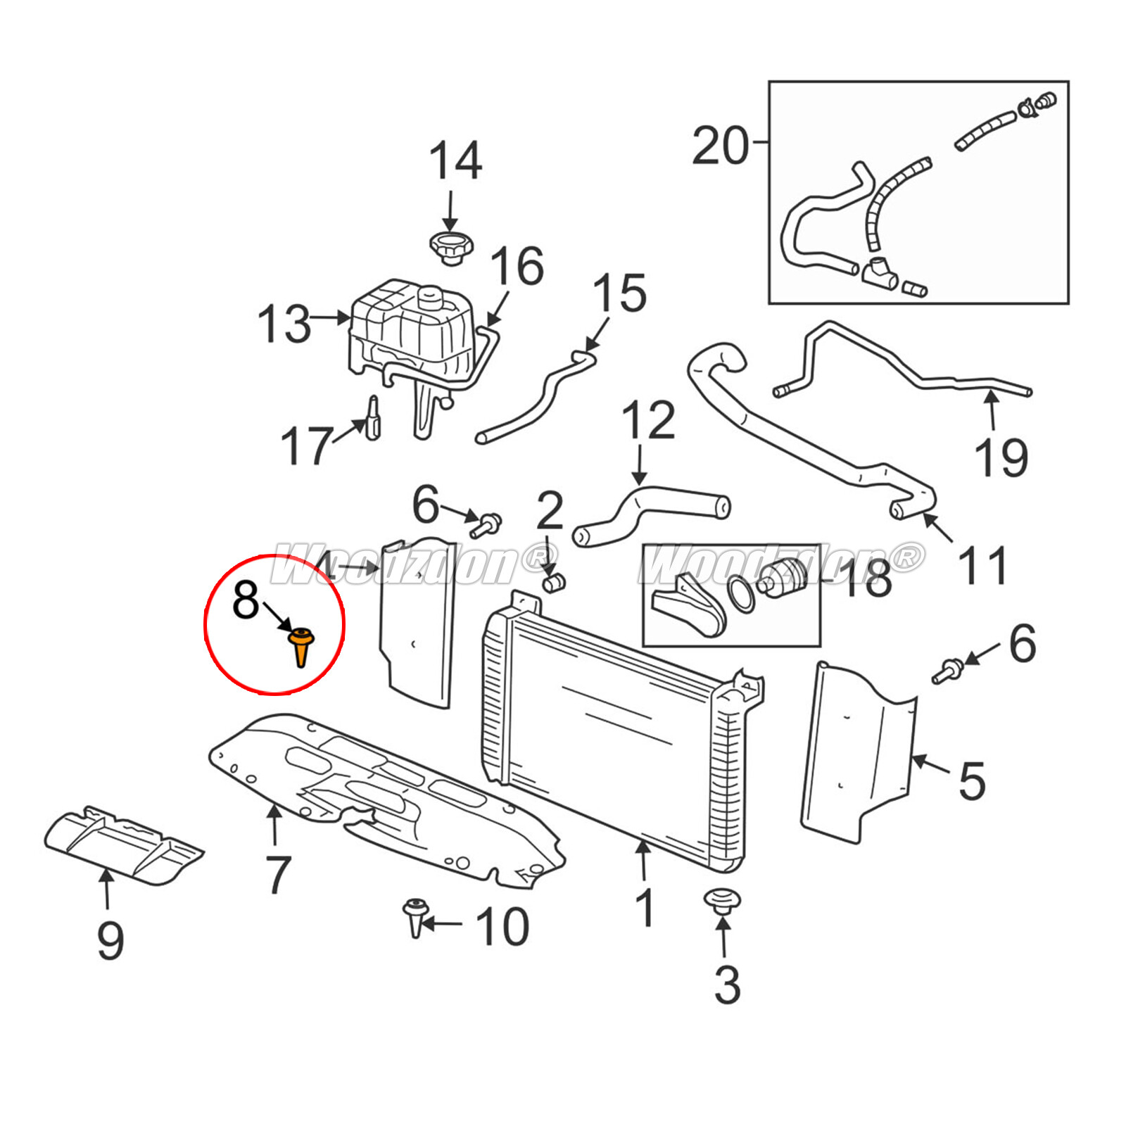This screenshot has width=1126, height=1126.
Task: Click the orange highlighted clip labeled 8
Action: coord(301,645)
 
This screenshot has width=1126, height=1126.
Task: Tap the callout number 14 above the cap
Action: coord(455,161)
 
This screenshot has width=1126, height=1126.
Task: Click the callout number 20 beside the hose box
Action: coord(720,146)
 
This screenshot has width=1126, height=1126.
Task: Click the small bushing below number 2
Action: coord(555,583)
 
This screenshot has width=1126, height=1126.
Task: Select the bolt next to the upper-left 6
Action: coord(487,524)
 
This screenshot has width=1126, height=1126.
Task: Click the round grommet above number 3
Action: coord(723,899)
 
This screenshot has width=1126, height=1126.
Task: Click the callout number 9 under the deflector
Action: coord(110,940)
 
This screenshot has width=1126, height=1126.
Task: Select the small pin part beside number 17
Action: coord(373,418)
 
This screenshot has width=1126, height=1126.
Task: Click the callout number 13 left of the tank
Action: coord(284,324)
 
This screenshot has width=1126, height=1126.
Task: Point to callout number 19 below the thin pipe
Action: coord(1001,457)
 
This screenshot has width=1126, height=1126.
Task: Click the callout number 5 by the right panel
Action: coord(971,780)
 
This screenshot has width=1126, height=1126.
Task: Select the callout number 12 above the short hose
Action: coord(648,421)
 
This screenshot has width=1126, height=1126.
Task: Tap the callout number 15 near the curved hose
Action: coord(619,293)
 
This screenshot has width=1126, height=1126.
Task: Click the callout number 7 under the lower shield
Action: coord(278,874)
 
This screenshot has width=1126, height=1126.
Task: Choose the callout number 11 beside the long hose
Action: coord(983,565)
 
